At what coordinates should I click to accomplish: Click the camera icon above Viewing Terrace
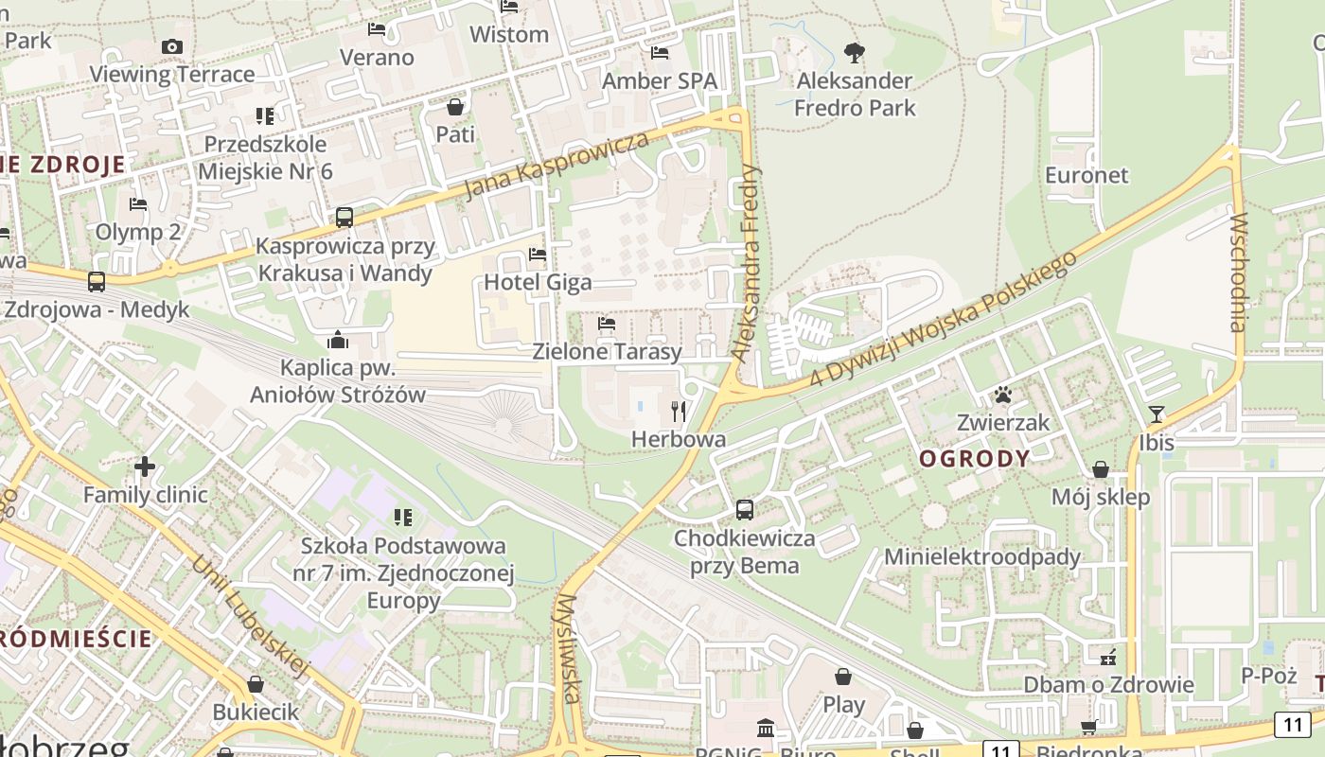click(171, 46)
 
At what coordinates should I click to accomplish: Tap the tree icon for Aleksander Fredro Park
click(854, 52)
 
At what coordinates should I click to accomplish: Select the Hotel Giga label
click(538, 282)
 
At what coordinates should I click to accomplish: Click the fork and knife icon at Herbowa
click(679, 411)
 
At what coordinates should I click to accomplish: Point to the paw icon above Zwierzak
click(1003, 395)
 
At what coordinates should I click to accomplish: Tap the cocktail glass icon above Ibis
click(1156, 414)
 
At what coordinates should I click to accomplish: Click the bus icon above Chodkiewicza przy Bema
click(745, 510)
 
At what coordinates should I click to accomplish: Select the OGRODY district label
click(975, 459)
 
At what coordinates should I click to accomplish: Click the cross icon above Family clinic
click(145, 467)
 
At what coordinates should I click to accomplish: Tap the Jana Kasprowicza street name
click(557, 166)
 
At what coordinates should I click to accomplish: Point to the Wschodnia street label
click(1239, 273)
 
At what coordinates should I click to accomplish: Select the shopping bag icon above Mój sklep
click(1101, 469)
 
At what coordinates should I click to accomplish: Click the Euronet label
click(1086, 175)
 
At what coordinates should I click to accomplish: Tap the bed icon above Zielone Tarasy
click(607, 325)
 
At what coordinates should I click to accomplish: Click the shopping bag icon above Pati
click(455, 107)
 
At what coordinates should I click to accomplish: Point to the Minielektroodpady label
click(982, 556)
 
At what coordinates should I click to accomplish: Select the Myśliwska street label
click(569, 649)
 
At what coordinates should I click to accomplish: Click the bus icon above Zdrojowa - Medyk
click(97, 281)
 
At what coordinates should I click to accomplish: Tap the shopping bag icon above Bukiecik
click(255, 683)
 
